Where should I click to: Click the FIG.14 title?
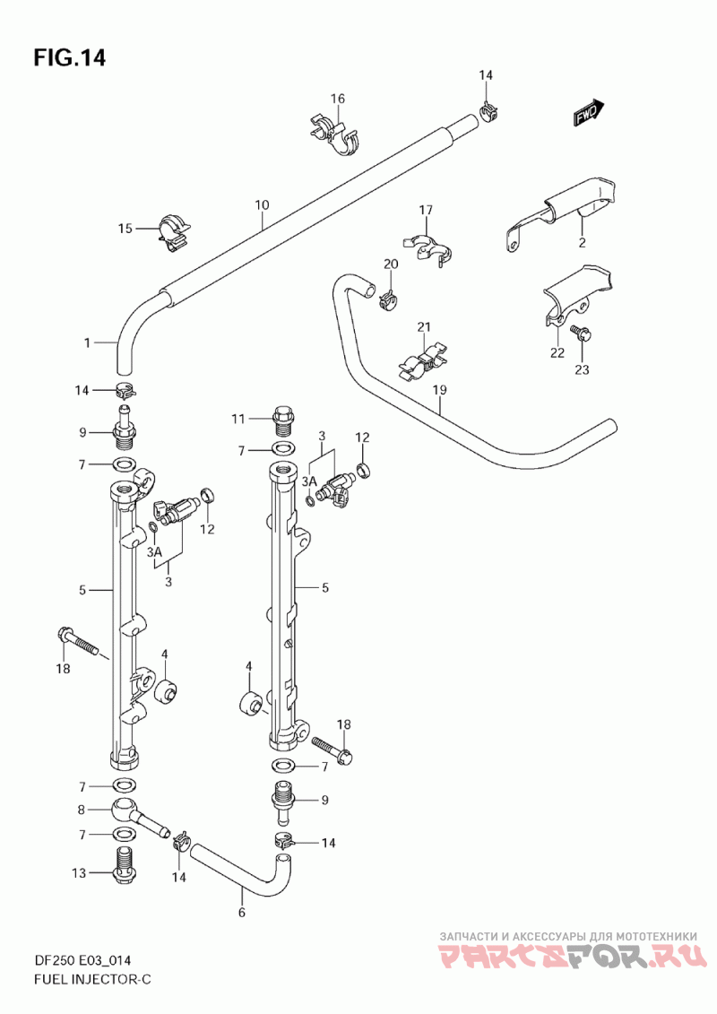pyautogui.click(x=69, y=57)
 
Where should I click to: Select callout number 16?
pyautogui.click(x=338, y=99)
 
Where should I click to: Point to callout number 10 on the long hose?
pyautogui.click(x=262, y=205)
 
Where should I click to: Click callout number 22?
pyautogui.click(x=557, y=352)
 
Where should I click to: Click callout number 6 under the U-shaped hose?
pyautogui.click(x=242, y=913)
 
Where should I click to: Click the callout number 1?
pyautogui.click(x=88, y=342)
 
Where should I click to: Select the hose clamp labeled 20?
pyautogui.click(x=389, y=299)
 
